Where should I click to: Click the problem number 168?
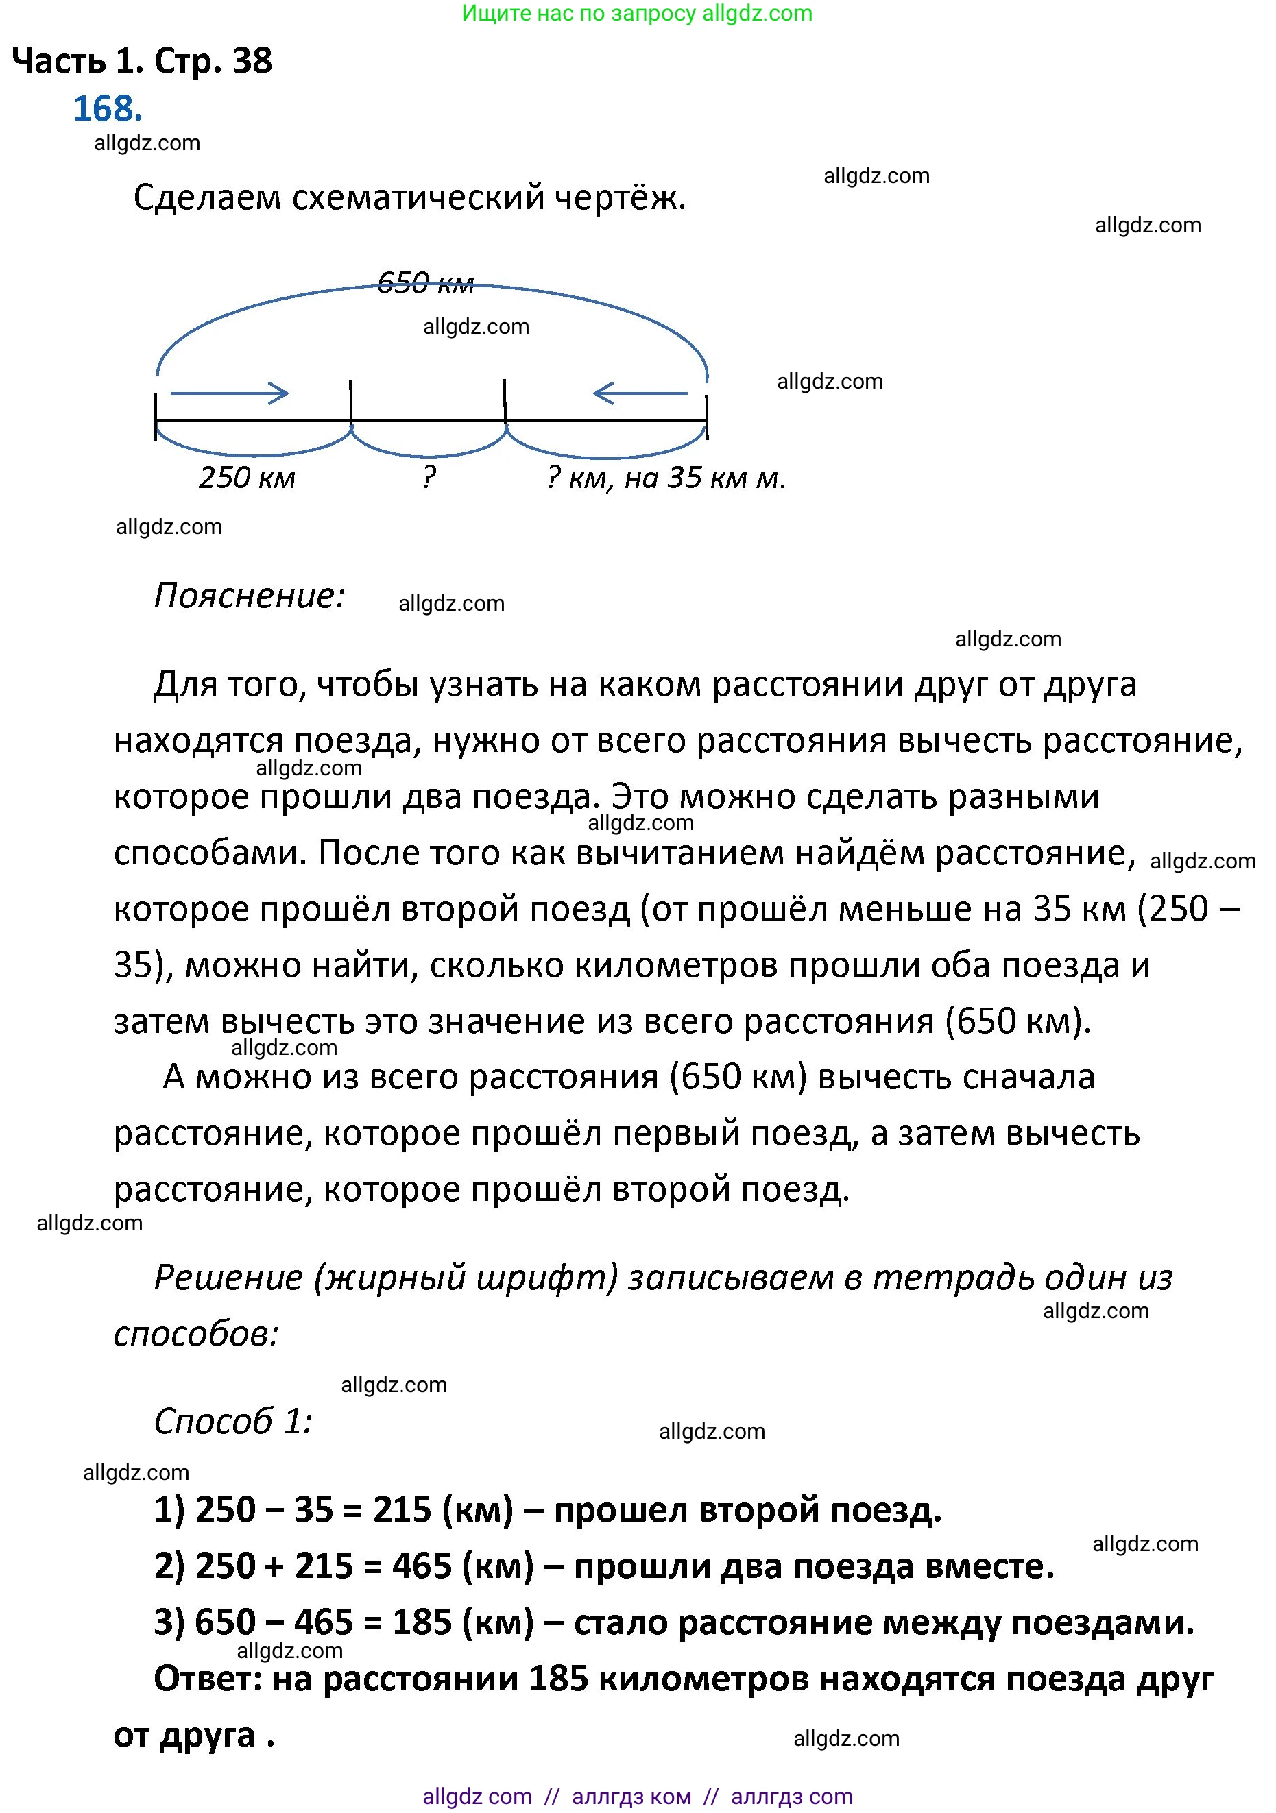point(108,109)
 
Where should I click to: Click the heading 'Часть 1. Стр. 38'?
point(142,61)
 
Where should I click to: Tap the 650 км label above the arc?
point(425,282)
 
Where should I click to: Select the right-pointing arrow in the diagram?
point(230,393)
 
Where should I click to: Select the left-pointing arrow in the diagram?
point(640,393)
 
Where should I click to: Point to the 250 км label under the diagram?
point(247,478)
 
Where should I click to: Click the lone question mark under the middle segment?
point(429,477)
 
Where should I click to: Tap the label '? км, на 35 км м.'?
point(666,478)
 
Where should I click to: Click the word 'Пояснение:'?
point(250,596)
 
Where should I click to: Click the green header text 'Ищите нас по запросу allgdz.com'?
point(637,14)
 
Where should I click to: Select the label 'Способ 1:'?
point(233,1422)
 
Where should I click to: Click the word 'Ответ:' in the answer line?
point(208,1679)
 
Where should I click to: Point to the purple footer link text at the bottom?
point(638,1797)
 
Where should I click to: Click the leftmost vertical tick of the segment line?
point(156,417)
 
